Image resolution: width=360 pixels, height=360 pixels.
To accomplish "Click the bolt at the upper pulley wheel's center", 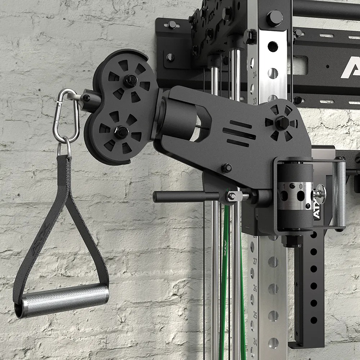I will [x=129, y=80].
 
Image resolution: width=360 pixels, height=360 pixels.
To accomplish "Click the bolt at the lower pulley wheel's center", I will [x=121, y=132].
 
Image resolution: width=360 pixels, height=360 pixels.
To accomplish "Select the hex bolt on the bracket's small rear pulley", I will [x=282, y=123].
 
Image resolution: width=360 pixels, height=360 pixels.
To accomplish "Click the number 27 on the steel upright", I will [x=255, y=260].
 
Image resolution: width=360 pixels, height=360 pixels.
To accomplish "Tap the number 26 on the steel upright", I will [x=255, y=288].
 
